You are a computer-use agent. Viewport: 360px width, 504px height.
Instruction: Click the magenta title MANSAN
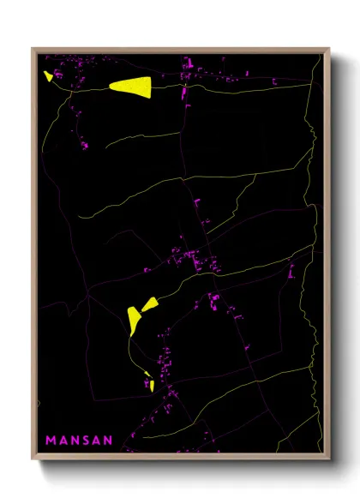[79, 441]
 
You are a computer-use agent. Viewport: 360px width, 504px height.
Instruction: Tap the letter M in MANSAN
[51, 441]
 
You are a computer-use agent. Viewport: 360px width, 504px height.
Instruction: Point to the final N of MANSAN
[108, 441]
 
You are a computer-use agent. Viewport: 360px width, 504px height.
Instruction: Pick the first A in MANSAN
[63, 441]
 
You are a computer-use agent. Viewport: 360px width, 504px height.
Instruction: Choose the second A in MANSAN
[97, 441]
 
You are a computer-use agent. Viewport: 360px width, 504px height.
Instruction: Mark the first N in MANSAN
[74, 441]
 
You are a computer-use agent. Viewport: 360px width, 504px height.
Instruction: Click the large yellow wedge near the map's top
[132, 86]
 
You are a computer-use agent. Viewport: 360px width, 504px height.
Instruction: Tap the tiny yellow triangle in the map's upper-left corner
[49, 75]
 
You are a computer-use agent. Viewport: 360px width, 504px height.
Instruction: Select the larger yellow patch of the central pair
[134, 319]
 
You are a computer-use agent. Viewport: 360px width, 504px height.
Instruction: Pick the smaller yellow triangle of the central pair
[150, 303]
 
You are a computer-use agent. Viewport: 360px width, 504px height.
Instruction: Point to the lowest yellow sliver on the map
[152, 386]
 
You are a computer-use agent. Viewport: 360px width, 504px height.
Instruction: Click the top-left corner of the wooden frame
[33, 49]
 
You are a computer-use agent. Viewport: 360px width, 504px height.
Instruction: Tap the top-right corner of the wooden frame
[329, 49]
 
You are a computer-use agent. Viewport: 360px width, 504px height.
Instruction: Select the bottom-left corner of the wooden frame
[33, 460]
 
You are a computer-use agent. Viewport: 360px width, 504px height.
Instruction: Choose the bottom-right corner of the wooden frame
[329, 460]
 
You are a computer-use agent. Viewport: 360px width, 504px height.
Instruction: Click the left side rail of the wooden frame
[34, 257]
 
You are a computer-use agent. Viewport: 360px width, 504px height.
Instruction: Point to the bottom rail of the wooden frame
[180, 459]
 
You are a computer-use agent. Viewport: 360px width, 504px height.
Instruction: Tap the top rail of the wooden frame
[180, 51]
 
